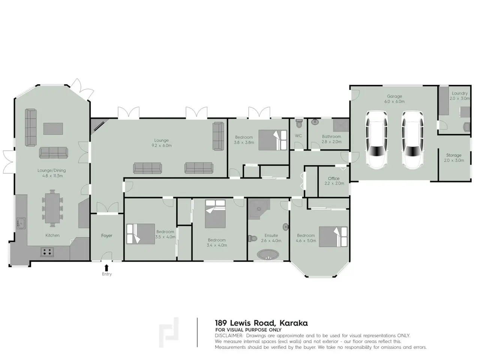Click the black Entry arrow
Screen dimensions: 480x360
point(106,268)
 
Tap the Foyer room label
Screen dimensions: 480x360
point(107,235)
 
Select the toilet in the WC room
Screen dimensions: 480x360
point(298,123)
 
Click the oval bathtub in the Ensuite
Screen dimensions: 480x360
point(268,254)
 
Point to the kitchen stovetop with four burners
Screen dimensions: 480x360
point(47,252)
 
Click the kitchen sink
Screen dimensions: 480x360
point(21,223)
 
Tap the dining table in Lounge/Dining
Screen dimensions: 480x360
point(52,208)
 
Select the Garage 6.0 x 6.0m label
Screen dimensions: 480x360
point(394,99)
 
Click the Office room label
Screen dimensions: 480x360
point(333,178)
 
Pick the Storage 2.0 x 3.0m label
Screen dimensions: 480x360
point(454,157)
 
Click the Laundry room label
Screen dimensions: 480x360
point(460,93)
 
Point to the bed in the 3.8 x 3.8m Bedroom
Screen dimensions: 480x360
point(273,140)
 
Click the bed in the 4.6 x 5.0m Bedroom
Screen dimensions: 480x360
point(333,237)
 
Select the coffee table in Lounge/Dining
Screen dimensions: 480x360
point(53,129)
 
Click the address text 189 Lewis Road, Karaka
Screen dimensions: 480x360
point(261,323)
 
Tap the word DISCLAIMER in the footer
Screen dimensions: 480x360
point(229,336)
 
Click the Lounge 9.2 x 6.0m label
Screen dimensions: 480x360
point(162,143)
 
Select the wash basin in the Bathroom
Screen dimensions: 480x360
point(315,122)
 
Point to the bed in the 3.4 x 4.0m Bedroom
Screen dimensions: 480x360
point(215,214)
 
